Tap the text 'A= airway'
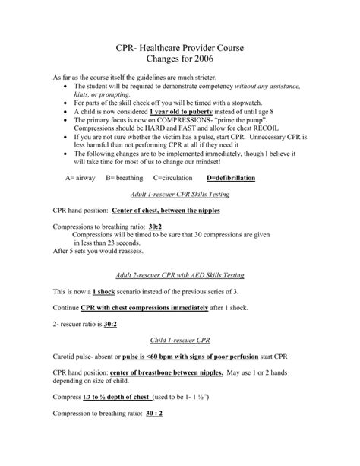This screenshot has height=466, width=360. (x=82, y=177)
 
